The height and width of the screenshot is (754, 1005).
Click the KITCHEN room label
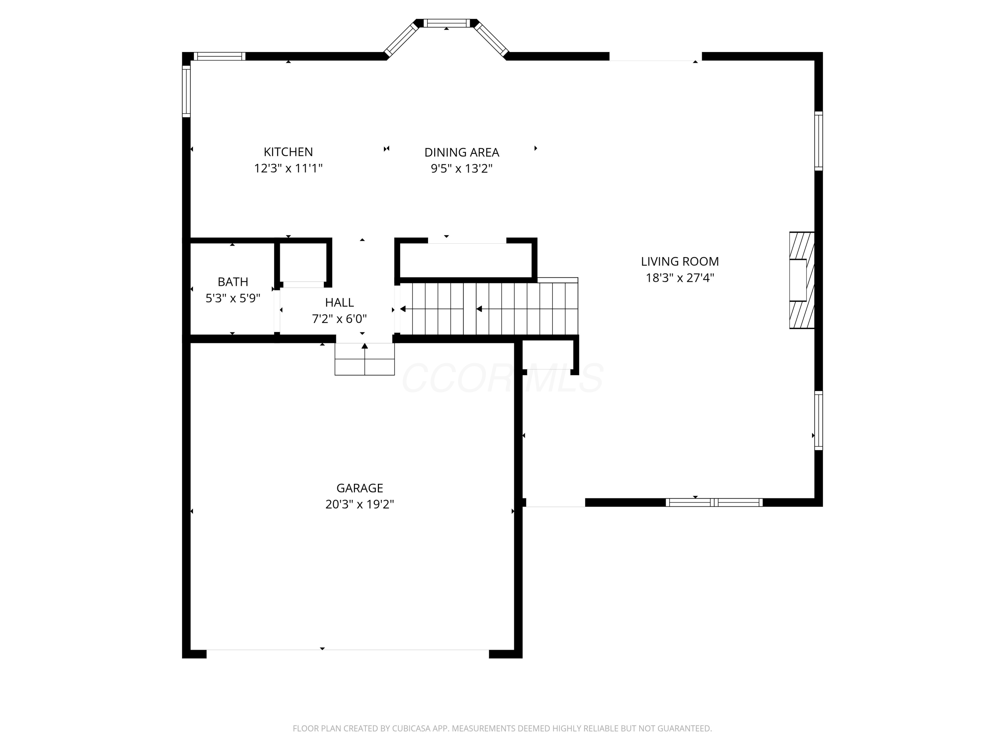tap(288, 152)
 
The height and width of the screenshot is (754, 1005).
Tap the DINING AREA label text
tap(462, 152)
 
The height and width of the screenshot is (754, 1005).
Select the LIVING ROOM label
tap(680, 261)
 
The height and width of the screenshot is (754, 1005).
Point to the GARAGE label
tap(359, 488)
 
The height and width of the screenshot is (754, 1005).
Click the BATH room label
tap(232, 282)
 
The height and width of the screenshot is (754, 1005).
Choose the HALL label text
tap(339, 302)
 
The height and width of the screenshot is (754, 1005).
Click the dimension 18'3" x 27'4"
tap(680, 278)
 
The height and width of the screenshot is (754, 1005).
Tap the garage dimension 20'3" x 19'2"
tap(359, 504)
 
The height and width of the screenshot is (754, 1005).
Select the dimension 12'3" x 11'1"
tap(288, 169)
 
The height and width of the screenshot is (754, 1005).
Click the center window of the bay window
tap(447, 23)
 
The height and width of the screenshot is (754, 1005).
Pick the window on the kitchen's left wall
tap(186, 91)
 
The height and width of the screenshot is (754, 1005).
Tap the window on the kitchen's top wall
tap(219, 56)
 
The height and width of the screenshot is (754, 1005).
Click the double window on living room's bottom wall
tap(714, 502)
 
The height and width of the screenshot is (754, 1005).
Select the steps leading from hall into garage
tap(364, 359)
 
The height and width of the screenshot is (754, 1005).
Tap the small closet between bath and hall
tap(303, 263)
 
